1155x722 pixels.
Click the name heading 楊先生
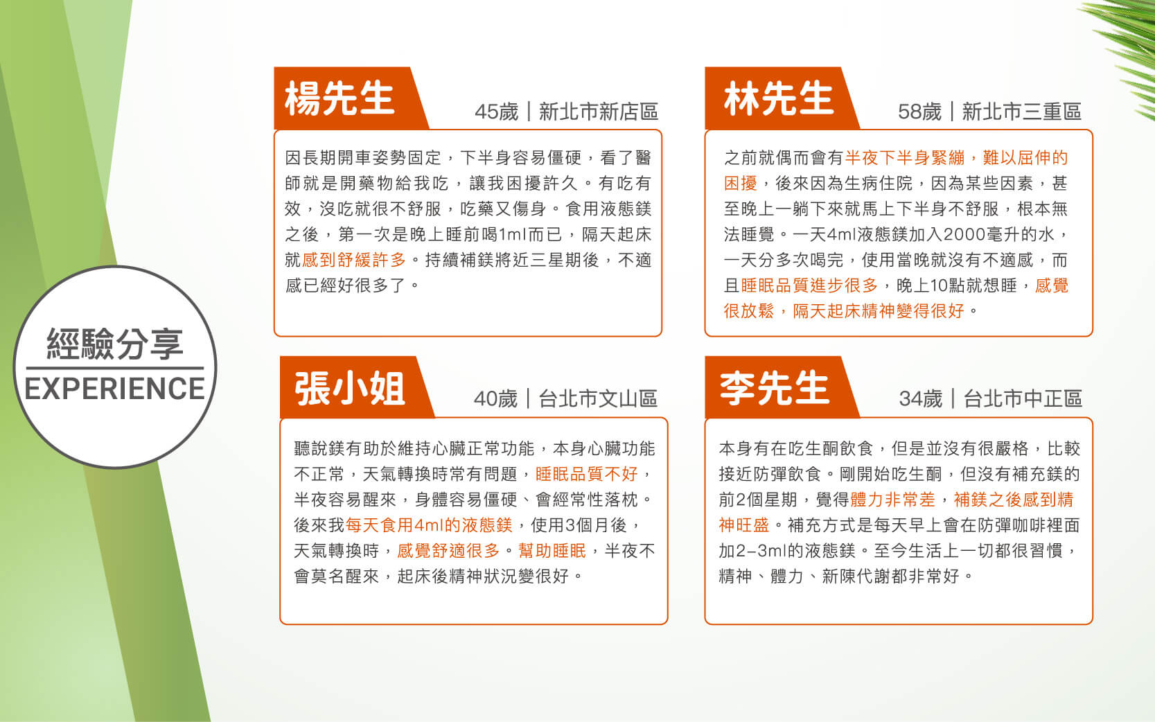tap(340, 98)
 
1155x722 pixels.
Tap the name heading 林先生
tap(779, 98)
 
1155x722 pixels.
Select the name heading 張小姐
tap(350, 388)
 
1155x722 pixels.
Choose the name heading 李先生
tap(775, 388)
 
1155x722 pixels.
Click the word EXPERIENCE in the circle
tap(114, 389)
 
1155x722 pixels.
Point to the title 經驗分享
tap(115, 344)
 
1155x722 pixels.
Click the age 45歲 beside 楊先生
tap(496, 112)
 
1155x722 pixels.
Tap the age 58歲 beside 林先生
tap(919, 112)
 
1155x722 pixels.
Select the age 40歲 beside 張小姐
tap(495, 398)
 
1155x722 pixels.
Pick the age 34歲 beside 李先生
tap(920, 398)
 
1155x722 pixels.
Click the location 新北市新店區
tap(599, 112)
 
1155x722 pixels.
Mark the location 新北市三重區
tap(1022, 112)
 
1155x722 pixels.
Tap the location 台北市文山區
tap(598, 398)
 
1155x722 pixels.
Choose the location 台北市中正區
tap(1023, 398)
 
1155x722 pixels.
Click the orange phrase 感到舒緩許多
tap(354, 260)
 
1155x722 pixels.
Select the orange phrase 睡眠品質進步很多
tap(809, 285)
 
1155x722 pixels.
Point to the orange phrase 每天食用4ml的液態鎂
tap(429, 525)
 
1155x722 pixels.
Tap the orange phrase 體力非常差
tap(892, 499)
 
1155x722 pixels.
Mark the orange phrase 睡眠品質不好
tap(587, 473)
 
